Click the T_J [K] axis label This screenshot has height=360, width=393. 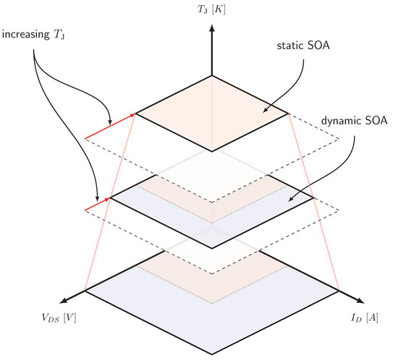pyautogui.click(x=211, y=9)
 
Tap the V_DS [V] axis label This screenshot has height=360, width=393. pyautogui.click(x=59, y=318)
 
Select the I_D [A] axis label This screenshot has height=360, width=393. pyautogui.click(x=365, y=318)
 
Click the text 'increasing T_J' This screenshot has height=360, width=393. pyautogui.click(x=33, y=35)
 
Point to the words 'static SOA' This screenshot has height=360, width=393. pyautogui.click(x=303, y=46)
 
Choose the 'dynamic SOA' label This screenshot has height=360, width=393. pyautogui.click(x=355, y=121)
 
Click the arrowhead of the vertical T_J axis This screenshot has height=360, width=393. pyautogui.click(x=212, y=27)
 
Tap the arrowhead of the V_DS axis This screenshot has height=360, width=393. pyautogui.click(x=64, y=301)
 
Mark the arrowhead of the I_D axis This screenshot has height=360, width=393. pyautogui.click(x=360, y=301)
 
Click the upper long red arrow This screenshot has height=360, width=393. pyautogui.click(x=110, y=126)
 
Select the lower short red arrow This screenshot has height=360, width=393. pyautogui.click(x=98, y=204)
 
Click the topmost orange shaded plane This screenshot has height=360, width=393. pyautogui.click(x=212, y=113)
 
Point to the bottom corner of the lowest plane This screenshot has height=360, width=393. pyautogui.click(x=212, y=354)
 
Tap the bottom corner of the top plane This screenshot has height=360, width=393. pyautogui.click(x=212, y=152)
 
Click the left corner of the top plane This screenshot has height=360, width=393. pyautogui.click(x=136, y=113)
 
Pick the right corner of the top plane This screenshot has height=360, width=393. pyautogui.click(x=288, y=113)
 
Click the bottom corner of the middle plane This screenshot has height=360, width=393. pyautogui.click(x=212, y=249)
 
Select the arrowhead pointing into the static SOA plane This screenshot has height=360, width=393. pyautogui.click(x=265, y=111)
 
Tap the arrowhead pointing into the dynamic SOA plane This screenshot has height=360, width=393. pyautogui.click(x=290, y=200)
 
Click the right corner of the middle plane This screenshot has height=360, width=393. pyautogui.click(x=313, y=198)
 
